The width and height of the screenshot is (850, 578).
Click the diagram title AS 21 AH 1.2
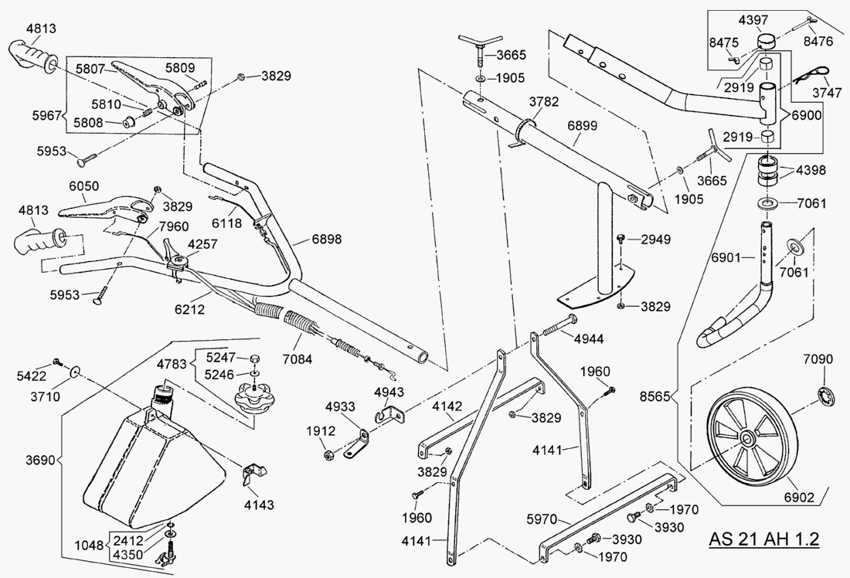click(x=763, y=539)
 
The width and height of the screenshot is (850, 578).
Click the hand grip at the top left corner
click(x=37, y=56)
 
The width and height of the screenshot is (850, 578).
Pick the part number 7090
click(x=818, y=359)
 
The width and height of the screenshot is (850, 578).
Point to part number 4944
click(x=588, y=338)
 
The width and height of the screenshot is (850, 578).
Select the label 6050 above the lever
click(x=85, y=188)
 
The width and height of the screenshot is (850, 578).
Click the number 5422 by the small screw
click(x=31, y=376)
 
